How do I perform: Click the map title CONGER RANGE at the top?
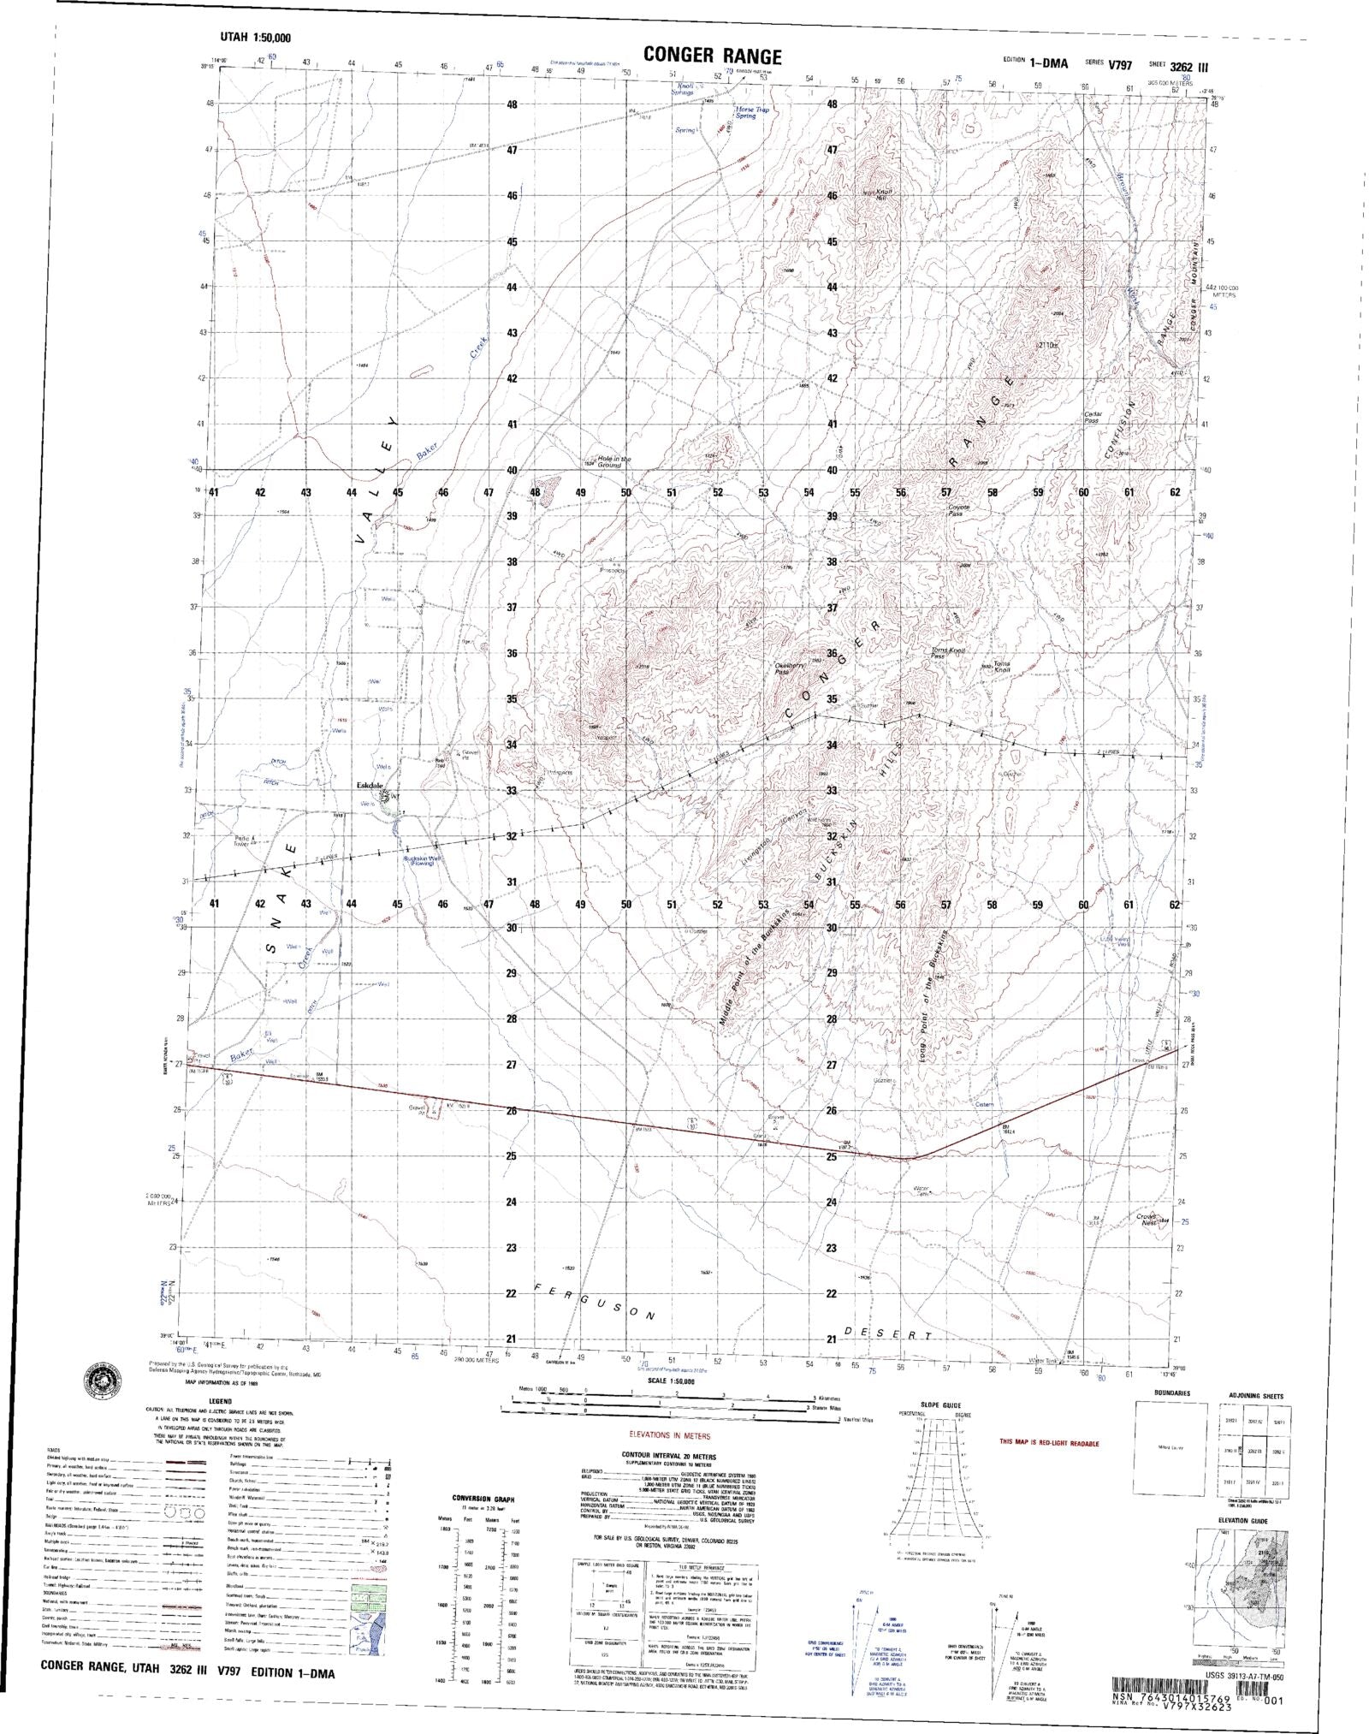coord(712,56)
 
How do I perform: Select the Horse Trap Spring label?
coord(745,112)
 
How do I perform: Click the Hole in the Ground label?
coord(614,460)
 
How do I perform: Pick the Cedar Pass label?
coord(1093,417)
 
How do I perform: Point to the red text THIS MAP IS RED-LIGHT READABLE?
coord(1050,1444)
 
